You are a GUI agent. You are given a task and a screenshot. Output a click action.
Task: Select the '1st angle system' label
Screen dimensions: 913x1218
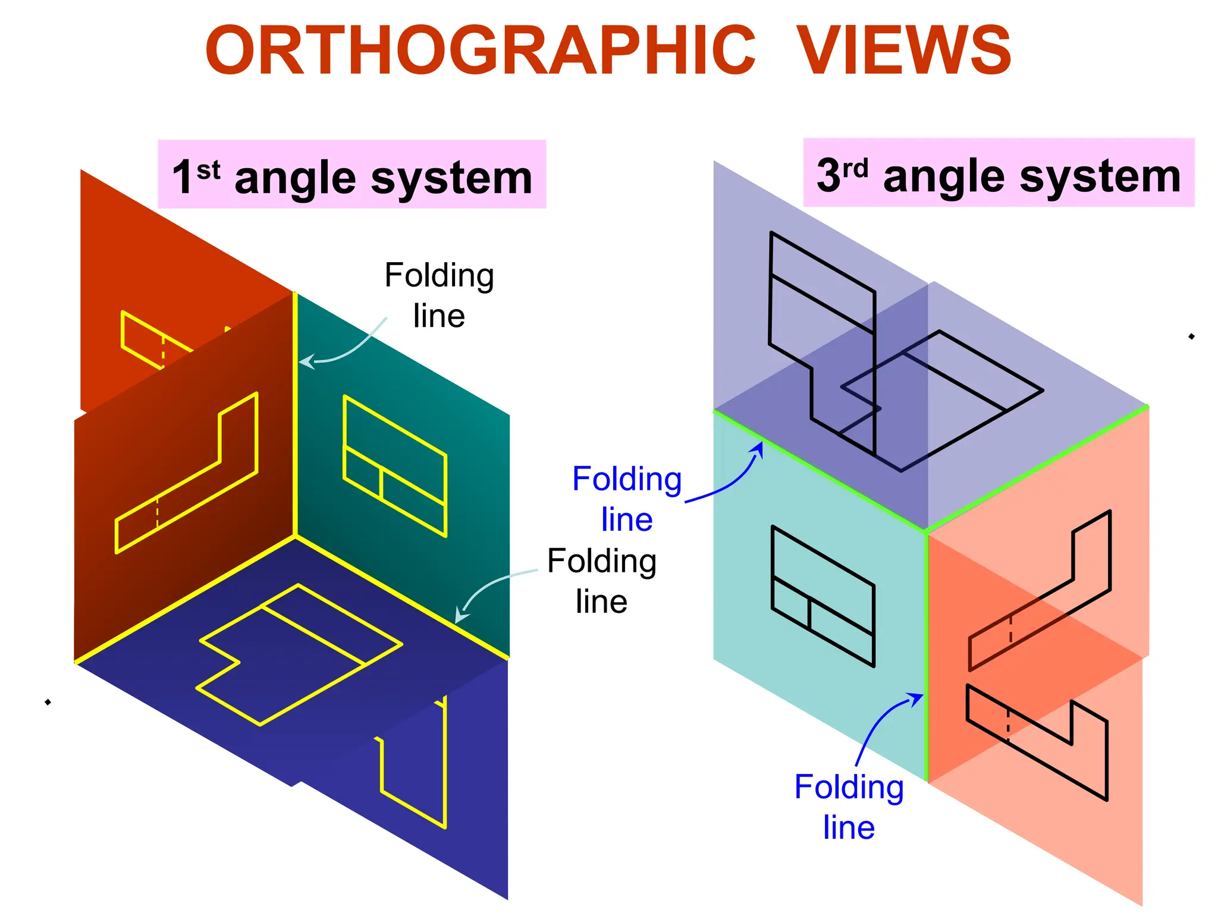coord(352,177)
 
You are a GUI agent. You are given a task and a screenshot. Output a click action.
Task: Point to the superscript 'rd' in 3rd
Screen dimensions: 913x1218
coord(855,168)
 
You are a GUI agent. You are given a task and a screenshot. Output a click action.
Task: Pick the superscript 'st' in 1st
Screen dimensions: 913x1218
coord(208,171)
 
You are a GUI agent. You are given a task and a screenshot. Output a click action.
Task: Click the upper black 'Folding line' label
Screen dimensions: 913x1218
coord(439,295)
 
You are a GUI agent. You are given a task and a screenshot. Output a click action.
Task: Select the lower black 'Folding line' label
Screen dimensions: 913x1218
coord(601,581)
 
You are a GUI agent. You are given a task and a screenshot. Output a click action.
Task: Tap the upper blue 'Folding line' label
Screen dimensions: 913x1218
coord(627,499)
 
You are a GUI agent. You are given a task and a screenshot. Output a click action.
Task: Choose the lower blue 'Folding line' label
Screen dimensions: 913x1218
coord(849,807)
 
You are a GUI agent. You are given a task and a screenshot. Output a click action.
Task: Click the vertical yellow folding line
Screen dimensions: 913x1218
coord(295,416)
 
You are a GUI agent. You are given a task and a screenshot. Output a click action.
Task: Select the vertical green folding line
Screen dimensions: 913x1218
coord(926,654)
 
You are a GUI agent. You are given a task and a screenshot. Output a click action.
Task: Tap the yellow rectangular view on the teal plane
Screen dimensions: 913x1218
coord(395,466)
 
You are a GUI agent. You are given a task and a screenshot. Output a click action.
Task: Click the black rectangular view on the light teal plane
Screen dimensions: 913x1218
coord(823,596)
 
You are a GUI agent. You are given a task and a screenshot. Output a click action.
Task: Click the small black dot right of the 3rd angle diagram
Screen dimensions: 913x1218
coord(1191,336)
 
